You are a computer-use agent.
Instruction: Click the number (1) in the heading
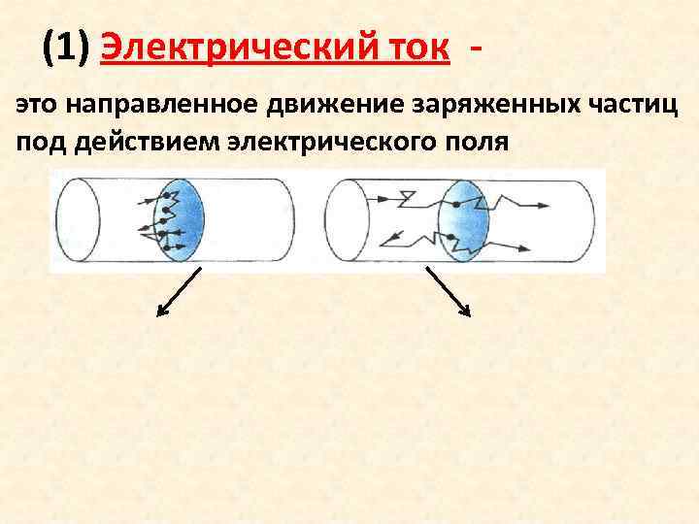pyautogui.click(x=66, y=46)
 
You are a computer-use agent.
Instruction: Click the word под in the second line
pyautogui.click(x=37, y=142)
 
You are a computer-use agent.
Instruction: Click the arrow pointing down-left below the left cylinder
pyautogui.click(x=179, y=291)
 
